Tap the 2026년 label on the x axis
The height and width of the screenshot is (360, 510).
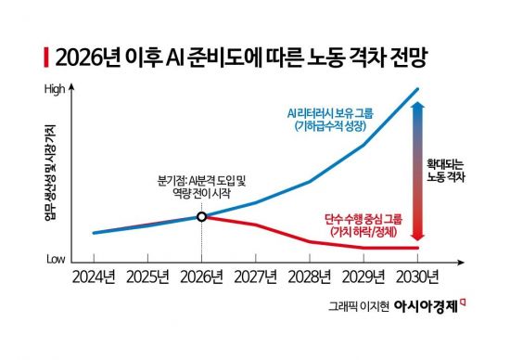[201, 277]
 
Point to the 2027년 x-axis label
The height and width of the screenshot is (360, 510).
[256, 277]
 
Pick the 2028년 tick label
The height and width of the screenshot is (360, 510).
[311, 277]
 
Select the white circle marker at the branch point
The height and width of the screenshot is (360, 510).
[201, 217]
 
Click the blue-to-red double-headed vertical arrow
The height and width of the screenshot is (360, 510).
[419, 170]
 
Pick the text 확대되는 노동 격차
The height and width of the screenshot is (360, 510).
[450, 169]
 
